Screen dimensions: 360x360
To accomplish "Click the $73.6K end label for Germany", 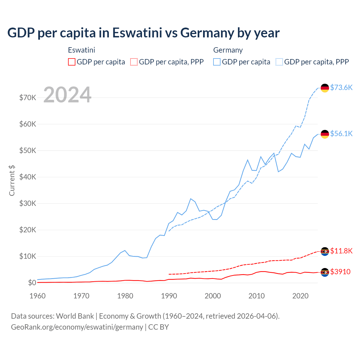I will click(x=341, y=87).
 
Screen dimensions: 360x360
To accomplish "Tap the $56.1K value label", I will click(x=341, y=134).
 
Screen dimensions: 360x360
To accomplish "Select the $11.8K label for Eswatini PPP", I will click(x=341, y=251).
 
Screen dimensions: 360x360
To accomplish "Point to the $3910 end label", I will click(x=340, y=272).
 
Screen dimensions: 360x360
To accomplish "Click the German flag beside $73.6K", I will click(x=325, y=88).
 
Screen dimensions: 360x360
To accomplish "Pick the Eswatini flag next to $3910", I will click(x=325, y=272).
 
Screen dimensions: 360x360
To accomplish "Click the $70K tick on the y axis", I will click(x=28, y=98).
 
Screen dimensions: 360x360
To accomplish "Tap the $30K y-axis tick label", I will click(x=28, y=203).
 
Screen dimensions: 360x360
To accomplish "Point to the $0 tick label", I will click(x=32, y=283).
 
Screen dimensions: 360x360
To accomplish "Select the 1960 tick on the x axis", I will click(x=37, y=296).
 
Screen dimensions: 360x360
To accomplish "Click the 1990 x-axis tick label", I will click(x=169, y=296).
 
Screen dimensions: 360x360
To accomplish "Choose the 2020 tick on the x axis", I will click(x=300, y=296).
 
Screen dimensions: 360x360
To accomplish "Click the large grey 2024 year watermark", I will click(x=67, y=95).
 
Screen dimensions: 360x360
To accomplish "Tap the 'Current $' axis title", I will click(x=12, y=181).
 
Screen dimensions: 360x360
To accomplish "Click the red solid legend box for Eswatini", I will click(x=72, y=62).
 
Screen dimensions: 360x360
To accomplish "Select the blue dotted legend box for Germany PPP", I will click(x=279, y=62).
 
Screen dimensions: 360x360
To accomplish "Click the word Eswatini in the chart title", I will click(x=137, y=33).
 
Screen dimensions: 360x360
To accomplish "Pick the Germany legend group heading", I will click(x=228, y=50).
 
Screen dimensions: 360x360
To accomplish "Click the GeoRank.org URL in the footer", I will click(x=77, y=327).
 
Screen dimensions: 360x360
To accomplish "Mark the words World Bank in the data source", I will click(x=75, y=316).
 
